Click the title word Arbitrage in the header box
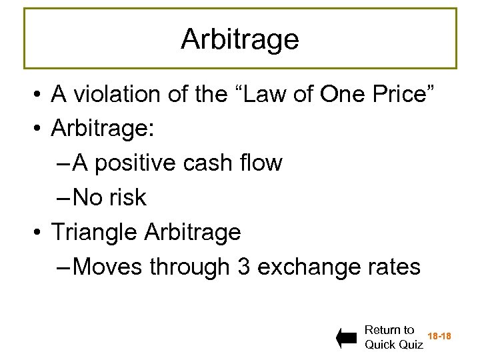coord(240,39)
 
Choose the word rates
coord(393,267)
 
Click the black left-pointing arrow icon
coord(346,339)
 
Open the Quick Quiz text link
coord(393,345)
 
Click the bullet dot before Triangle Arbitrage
coord(39,233)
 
